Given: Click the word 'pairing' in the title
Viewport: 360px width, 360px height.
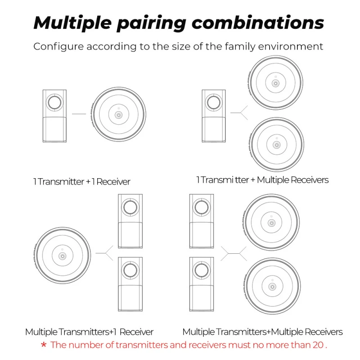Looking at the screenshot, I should click(151, 22).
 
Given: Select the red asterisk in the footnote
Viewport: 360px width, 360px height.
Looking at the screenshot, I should click(44, 346).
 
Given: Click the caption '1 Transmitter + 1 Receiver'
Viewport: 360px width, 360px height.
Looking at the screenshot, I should click(81, 182).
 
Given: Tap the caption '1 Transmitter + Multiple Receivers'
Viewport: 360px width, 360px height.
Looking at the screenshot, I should click(262, 180).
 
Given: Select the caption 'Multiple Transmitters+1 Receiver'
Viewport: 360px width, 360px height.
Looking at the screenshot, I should click(89, 332).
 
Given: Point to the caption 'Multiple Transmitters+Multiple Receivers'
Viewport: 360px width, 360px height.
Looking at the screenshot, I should click(262, 332).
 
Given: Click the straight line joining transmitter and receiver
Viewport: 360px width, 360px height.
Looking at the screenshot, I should click(79, 114).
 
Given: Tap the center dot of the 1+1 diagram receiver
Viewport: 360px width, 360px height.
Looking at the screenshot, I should click(118, 115).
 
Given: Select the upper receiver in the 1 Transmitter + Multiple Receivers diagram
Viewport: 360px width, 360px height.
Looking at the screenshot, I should click(276, 83).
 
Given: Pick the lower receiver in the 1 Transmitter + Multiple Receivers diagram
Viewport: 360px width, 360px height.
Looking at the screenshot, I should click(276, 144).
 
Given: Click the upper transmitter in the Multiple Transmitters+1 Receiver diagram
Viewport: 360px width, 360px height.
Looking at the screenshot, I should click(130, 220).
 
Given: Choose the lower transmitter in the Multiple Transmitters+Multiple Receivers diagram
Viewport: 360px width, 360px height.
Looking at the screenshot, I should click(201, 283).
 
